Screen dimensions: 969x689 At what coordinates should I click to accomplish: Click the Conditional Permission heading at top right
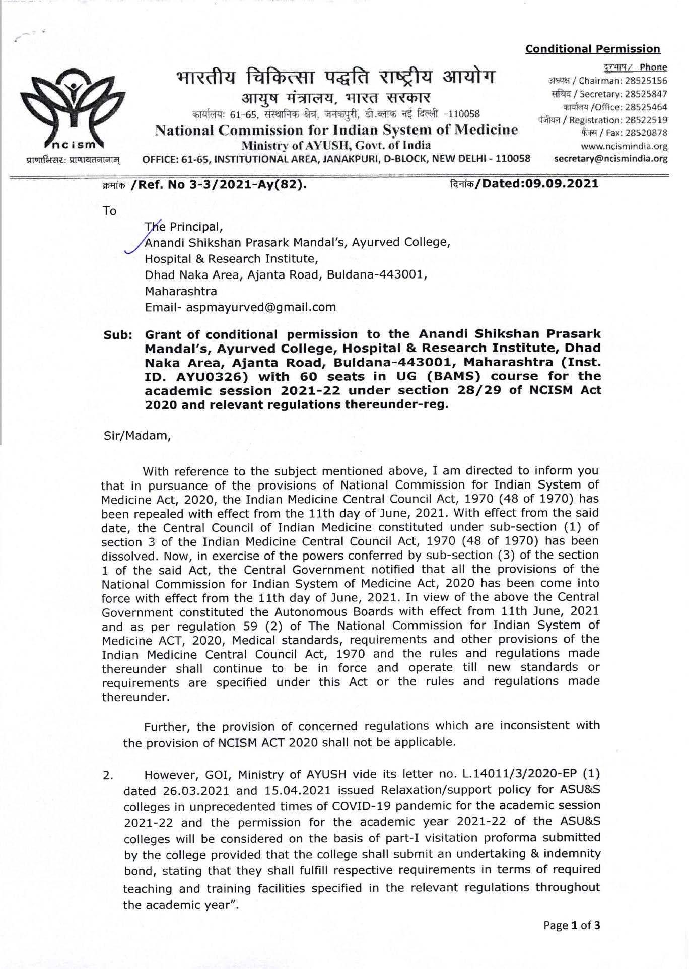[592, 49]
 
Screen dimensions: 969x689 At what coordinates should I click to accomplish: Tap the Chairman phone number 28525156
[646, 81]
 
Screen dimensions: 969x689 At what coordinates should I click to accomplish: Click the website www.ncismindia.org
[624, 147]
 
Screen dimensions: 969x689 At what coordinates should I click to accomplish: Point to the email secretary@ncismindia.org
[610, 159]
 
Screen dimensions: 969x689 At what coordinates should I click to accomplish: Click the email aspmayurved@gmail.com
[261, 307]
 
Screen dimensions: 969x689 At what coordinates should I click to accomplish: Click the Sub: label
[118, 335]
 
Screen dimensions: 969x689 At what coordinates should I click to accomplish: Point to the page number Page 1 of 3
[572, 925]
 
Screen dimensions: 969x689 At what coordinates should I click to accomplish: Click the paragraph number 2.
[108, 776]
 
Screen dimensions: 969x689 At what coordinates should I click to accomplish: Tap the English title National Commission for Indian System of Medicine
[336, 130]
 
